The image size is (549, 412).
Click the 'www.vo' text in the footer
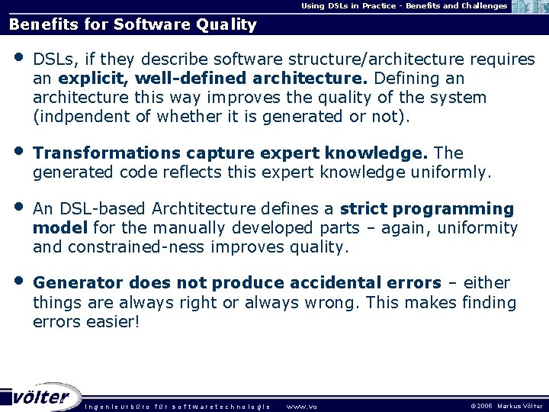tap(300, 406)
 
